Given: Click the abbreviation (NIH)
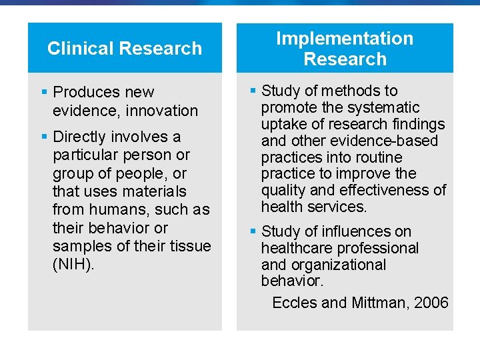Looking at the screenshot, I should tap(73, 264).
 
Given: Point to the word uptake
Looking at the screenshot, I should tap(283, 124).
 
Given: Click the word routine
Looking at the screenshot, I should tap(375, 157).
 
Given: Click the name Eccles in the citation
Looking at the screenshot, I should tap(294, 303).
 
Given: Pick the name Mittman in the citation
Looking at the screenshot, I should tap(378, 303).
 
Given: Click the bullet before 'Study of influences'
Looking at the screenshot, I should tap(253, 231).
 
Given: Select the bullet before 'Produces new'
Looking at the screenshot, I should tap(44, 91).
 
